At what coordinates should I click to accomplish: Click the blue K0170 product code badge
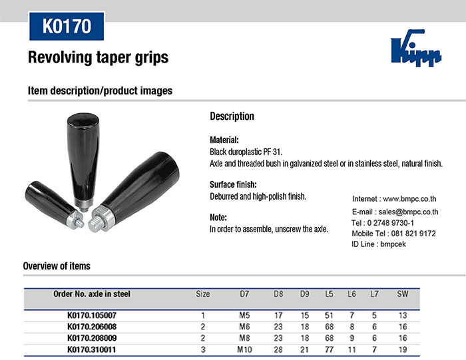pos(67,26)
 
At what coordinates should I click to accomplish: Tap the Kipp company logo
pos(416,47)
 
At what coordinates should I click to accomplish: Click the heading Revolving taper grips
pos(98,57)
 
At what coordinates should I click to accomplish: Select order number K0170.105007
pos(92,315)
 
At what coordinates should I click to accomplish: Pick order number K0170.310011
pos(92,349)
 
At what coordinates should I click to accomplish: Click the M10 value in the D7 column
pos(244,349)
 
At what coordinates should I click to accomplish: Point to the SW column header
pos(403,294)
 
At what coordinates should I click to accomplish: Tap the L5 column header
pos(329,294)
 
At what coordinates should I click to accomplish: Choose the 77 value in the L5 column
pos(329,349)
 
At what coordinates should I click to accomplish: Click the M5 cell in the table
pos(244,315)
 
